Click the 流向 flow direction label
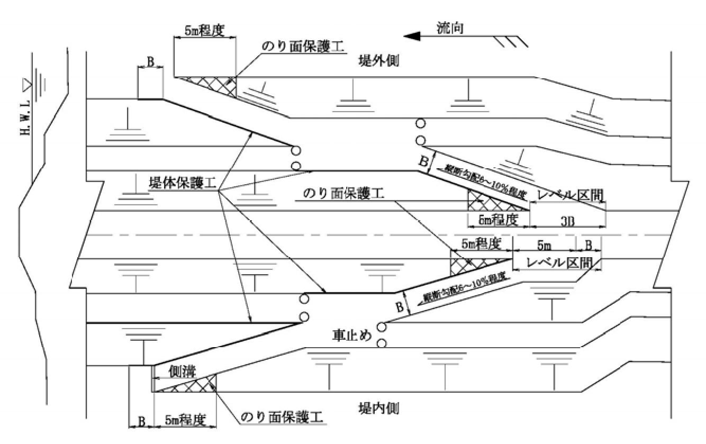[x=450, y=28]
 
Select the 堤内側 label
[x=378, y=408]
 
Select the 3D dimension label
[x=566, y=220]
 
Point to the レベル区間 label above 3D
[x=569, y=195]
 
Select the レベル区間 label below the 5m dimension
[x=556, y=261]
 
